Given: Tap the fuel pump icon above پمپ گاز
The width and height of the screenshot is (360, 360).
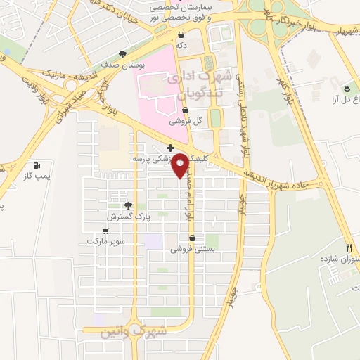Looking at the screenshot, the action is pyautogui.click(x=36, y=165).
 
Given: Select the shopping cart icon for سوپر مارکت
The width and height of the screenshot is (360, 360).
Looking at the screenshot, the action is pyautogui.click(x=105, y=231).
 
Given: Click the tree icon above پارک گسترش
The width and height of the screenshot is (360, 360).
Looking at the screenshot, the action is pyautogui.click(x=128, y=205).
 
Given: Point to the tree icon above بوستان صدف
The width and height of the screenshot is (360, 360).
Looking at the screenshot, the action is pyautogui.click(x=123, y=53).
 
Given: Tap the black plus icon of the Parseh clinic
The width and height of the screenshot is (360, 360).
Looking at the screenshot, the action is pyautogui.click(x=170, y=149).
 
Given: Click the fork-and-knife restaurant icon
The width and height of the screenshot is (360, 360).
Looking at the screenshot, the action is pyautogui.click(x=349, y=247).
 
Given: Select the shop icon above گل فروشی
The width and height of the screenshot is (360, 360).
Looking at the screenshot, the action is pyautogui.click(x=184, y=110).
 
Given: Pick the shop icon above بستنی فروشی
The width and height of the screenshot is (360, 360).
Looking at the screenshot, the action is pyautogui.click(x=191, y=238).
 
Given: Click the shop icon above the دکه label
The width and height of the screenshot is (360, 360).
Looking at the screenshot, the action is pyautogui.click(x=181, y=34).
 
